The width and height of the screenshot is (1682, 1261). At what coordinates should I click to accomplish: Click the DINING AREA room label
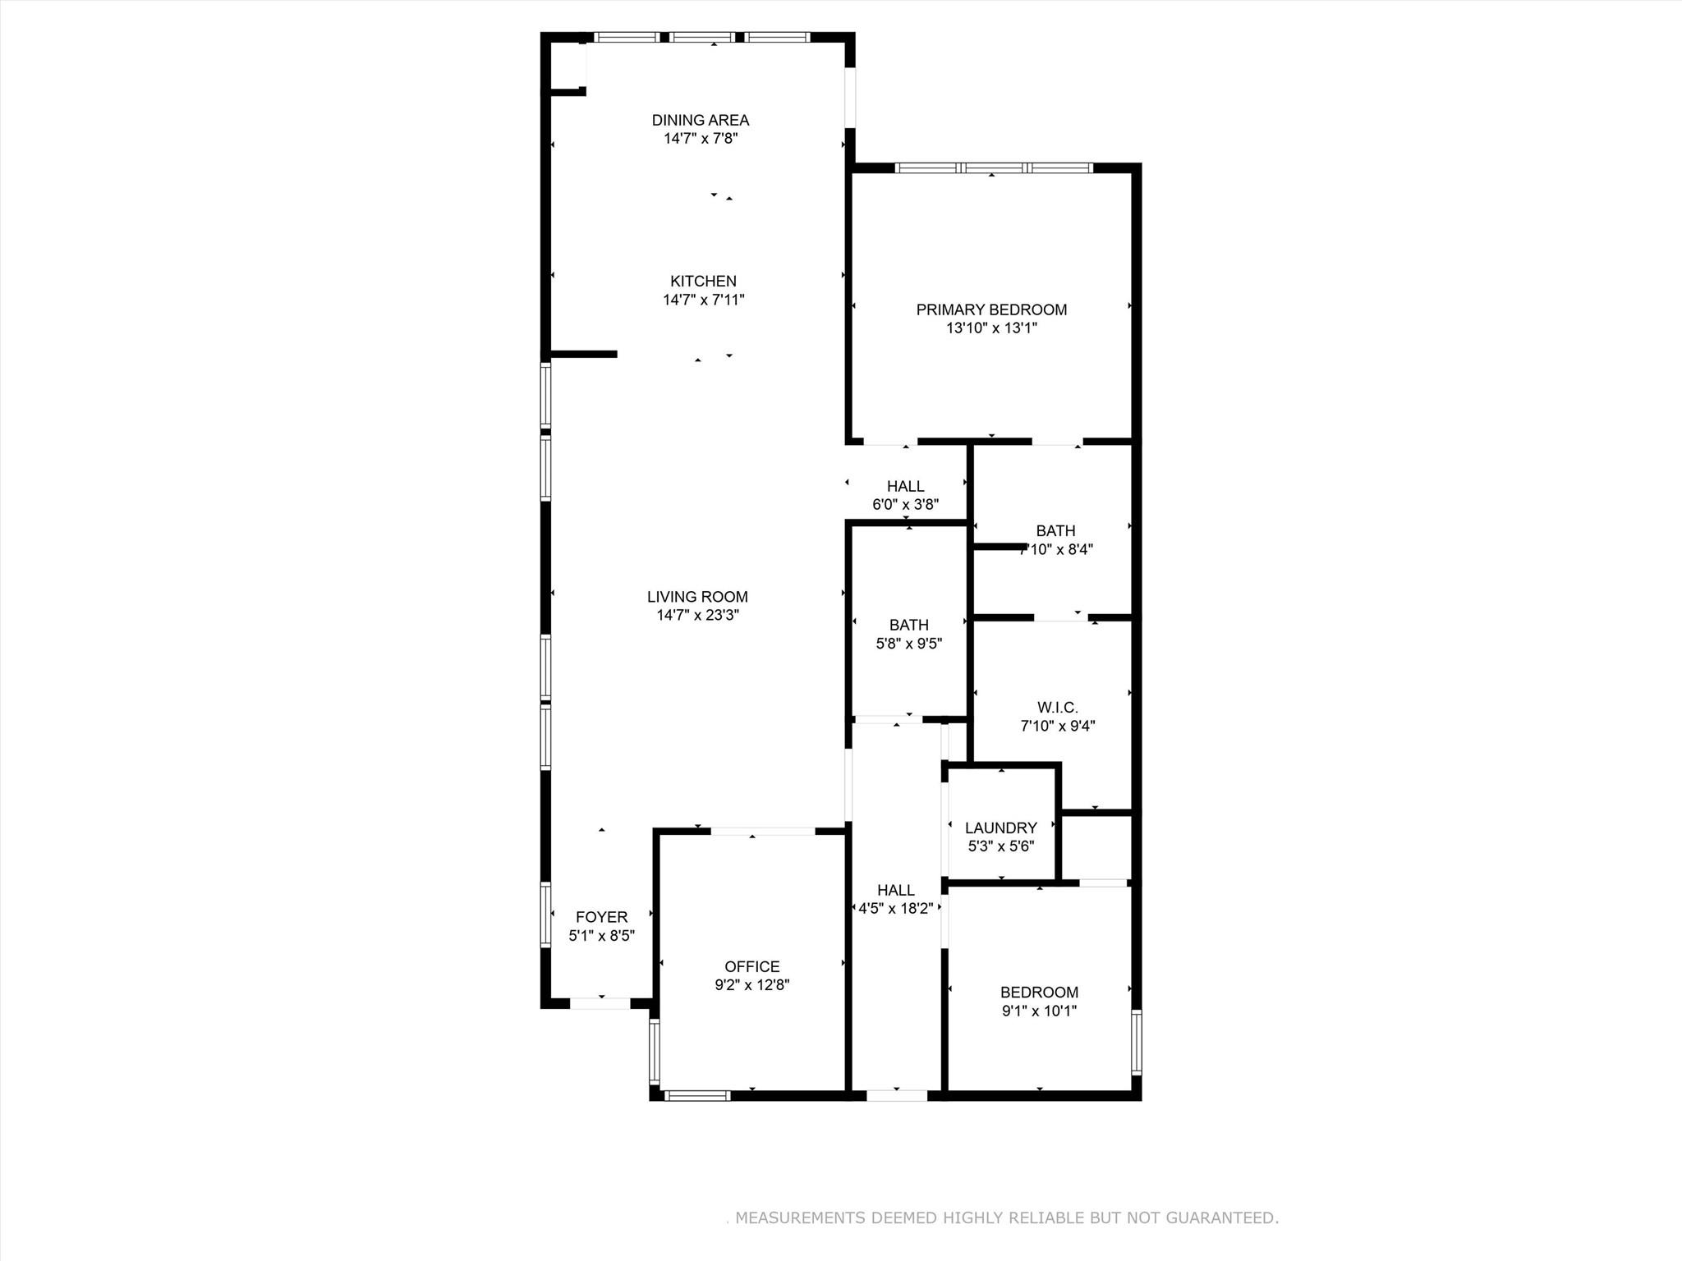coord(701,121)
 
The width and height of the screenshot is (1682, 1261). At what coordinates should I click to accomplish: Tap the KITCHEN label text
coord(703,282)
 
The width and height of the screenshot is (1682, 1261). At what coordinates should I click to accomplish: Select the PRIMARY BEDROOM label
coord(991,310)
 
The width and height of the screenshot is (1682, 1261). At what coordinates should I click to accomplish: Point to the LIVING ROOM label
coord(697,597)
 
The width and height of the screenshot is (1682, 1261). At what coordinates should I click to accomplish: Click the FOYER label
coord(601,917)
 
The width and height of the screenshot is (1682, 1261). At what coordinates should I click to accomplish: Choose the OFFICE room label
coord(751,966)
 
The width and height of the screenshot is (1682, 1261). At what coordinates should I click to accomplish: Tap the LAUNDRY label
coord(1000,828)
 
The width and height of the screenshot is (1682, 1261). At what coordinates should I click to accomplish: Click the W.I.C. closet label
coord(1057,708)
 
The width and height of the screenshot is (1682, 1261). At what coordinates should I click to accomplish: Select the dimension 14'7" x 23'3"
coord(697,616)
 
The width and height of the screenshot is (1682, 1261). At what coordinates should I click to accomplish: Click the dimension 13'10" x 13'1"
coord(991,328)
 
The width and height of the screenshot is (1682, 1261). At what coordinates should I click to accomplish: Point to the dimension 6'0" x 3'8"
coord(905,505)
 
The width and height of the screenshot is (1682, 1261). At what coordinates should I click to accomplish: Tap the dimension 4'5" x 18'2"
coord(895,909)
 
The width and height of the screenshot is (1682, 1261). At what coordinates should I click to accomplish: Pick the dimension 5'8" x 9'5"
coord(908,644)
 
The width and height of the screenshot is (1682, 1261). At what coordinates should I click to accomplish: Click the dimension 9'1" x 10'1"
coord(1039,1011)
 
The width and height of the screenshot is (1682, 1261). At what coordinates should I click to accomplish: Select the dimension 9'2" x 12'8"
coord(751,985)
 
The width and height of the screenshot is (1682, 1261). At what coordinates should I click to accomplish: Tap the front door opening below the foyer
coord(600,1003)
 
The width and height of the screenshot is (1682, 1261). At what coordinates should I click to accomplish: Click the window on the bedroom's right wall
coord(1137,1043)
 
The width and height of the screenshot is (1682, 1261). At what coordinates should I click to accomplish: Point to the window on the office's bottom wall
coord(697,1095)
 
